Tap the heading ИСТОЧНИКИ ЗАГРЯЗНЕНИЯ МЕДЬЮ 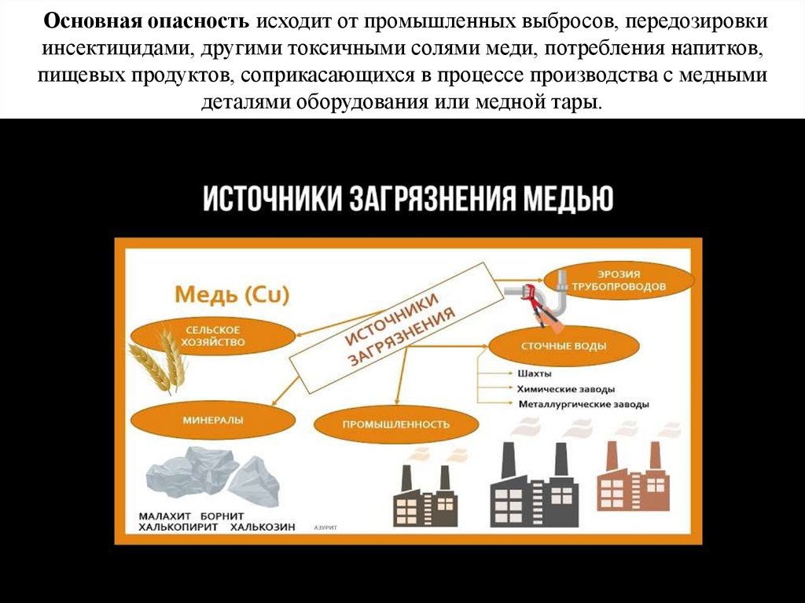click(x=407, y=198)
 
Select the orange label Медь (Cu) click(x=232, y=295)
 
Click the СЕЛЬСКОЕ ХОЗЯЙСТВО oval click(x=213, y=336)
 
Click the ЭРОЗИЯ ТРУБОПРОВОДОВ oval click(x=619, y=281)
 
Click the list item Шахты click(x=534, y=373)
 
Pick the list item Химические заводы click(x=565, y=389)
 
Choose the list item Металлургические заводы click(x=583, y=405)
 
